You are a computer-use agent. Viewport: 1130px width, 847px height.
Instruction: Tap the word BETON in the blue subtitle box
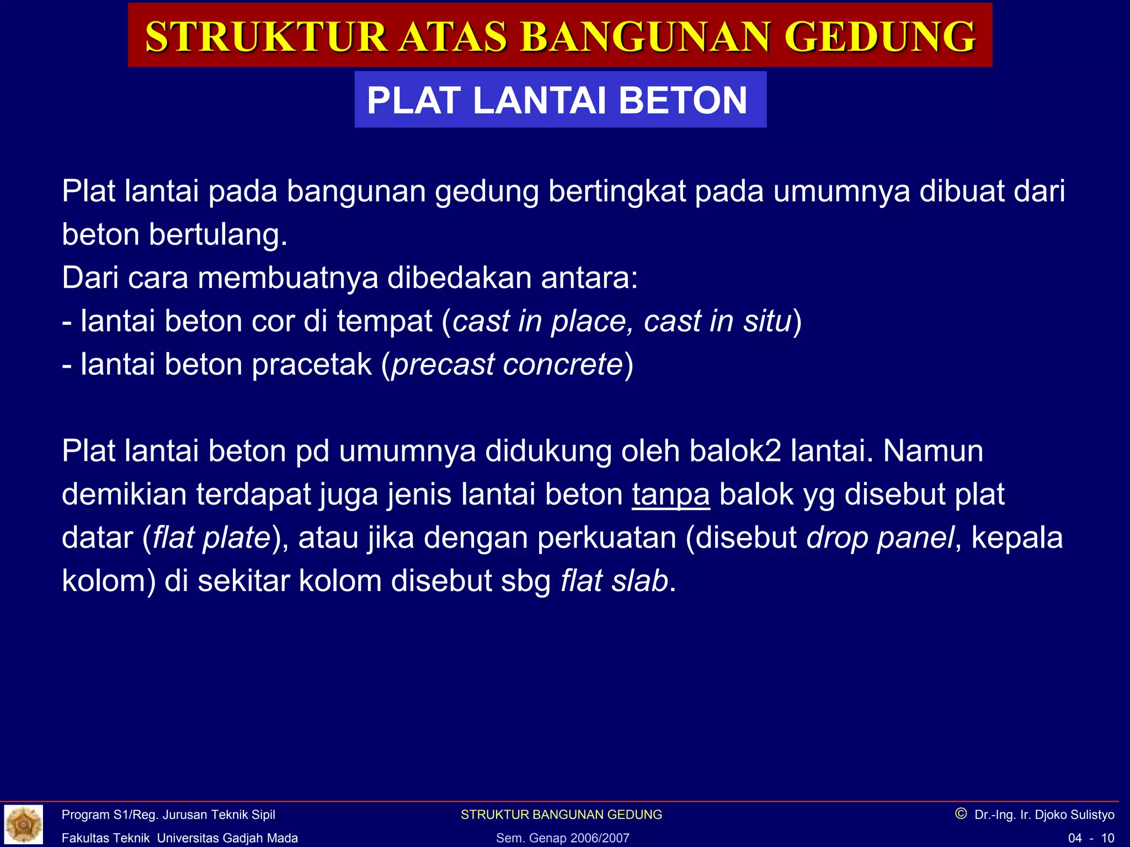click(x=683, y=100)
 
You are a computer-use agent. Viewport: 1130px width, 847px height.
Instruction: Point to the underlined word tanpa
click(x=670, y=495)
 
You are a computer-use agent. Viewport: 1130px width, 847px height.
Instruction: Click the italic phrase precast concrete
click(x=507, y=364)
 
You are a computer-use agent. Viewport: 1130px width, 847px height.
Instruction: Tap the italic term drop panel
click(x=880, y=538)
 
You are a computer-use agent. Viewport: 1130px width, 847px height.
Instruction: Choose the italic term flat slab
click(x=614, y=581)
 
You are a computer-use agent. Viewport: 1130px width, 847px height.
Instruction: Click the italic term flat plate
click(x=211, y=538)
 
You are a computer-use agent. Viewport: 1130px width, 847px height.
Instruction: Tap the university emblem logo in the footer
click(x=24, y=824)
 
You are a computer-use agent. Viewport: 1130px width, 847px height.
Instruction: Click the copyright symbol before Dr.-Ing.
click(x=961, y=814)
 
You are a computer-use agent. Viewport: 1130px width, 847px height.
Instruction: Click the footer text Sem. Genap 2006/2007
click(x=562, y=838)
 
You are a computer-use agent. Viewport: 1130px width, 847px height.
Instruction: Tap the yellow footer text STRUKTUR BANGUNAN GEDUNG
click(x=561, y=815)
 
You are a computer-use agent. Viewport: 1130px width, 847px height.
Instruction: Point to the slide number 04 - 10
click(x=1091, y=838)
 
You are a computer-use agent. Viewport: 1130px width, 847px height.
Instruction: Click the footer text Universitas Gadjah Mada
click(x=227, y=838)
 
